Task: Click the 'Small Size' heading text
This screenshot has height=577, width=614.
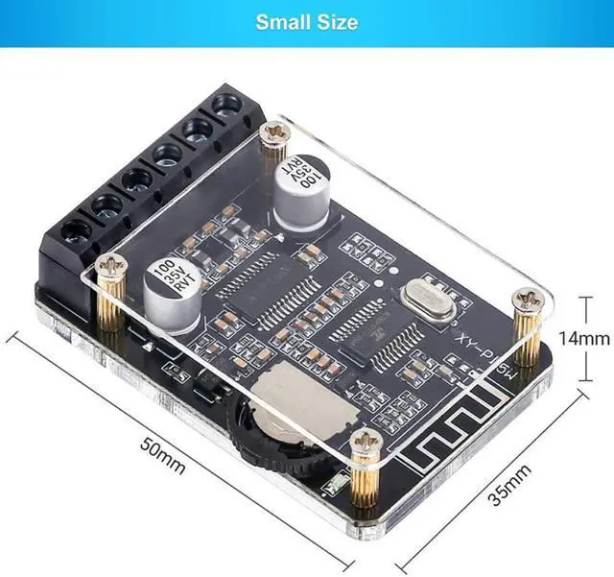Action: point(306,21)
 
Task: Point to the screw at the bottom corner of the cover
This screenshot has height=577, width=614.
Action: point(365,441)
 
